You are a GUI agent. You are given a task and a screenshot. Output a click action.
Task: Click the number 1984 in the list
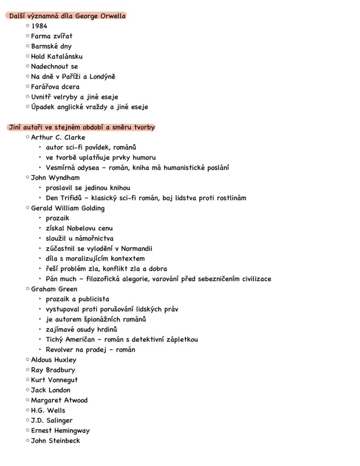pos(39,26)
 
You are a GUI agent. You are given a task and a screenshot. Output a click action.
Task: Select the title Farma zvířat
pos(52,36)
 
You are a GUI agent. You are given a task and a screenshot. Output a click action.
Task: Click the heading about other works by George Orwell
pos(67,16)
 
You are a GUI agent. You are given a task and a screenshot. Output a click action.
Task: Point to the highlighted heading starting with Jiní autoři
pos(81,127)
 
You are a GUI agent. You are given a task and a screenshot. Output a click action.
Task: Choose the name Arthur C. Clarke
pos(58,137)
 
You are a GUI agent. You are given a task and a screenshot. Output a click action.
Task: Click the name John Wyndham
pos(55,178)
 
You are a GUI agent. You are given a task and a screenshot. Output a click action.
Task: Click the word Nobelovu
pos(81,228)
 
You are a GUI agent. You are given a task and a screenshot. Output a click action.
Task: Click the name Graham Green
pos(54,289)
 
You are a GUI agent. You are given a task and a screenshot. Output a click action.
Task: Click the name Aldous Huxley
pos(53,360)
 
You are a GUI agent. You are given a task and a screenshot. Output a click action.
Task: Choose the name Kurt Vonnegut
pos(54,380)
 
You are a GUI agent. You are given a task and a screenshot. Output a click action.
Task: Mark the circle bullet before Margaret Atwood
pos(27,400)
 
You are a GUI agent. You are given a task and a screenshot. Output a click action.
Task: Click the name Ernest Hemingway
pos(60,431)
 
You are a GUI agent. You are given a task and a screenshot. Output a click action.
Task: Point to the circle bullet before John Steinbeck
pos(27,441)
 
